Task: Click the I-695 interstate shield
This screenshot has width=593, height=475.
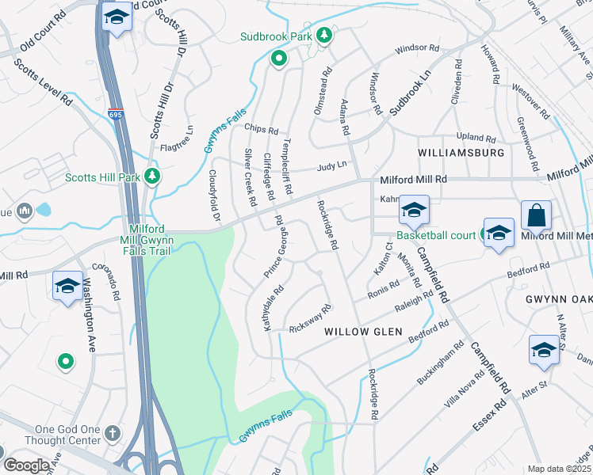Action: (116, 116)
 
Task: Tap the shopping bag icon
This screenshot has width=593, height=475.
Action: (536, 215)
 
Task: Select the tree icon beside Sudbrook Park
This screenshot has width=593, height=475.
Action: (323, 36)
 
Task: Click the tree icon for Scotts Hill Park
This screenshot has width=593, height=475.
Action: (153, 177)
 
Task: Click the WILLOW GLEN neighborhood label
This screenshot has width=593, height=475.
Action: (364, 332)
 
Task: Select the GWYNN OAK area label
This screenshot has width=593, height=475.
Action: (558, 299)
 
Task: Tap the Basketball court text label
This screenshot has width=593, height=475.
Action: (436, 235)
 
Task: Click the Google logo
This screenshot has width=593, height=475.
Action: (26, 465)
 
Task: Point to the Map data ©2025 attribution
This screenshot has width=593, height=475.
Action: (560, 469)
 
